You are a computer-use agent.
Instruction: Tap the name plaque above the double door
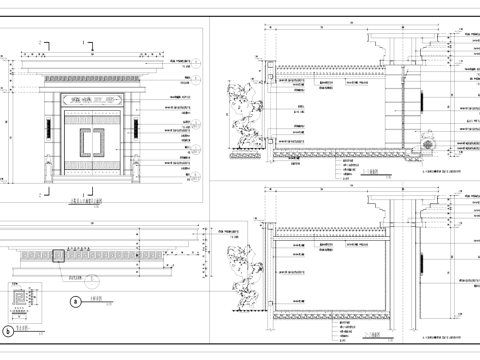pyautogui.click(x=91, y=101)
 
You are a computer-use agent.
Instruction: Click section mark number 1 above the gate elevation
pyautogui.click(x=85, y=45)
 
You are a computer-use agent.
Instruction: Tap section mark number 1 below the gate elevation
pyautogui.click(x=85, y=195)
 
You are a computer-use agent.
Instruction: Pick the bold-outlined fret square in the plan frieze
pyautogui.click(x=60, y=257)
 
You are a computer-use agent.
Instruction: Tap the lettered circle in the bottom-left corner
pyautogui.click(x=9, y=329)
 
